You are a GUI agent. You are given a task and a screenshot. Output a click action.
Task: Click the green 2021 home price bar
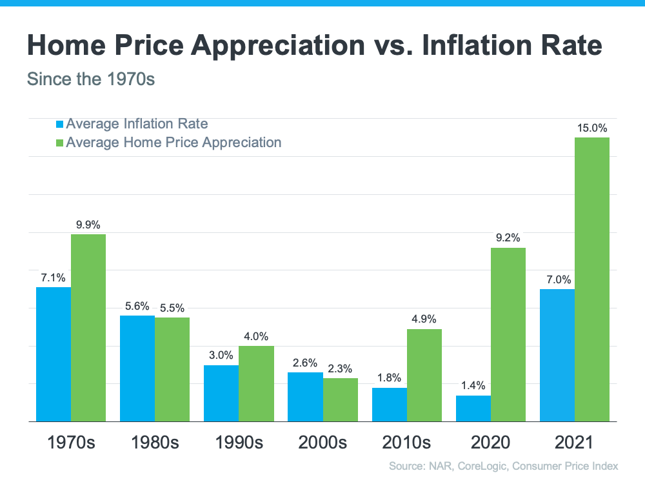pyautogui.click(x=591, y=279)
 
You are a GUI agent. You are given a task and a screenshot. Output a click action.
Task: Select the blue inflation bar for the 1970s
pyautogui.click(x=54, y=354)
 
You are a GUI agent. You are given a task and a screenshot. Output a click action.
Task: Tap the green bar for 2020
pyautogui.click(x=508, y=334)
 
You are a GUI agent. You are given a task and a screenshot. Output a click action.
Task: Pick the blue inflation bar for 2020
pyautogui.click(x=473, y=408)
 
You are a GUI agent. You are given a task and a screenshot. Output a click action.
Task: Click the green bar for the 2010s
pyautogui.click(x=424, y=375)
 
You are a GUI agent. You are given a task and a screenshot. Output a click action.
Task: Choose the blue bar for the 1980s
pyautogui.click(x=137, y=368)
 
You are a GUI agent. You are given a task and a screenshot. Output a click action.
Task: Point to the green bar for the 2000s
pyautogui.click(x=340, y=399)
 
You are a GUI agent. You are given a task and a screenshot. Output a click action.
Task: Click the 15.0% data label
pyautogui.click(x=591, y=128)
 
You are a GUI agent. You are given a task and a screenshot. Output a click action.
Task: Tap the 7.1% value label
pyautogui.click(x=54, y=277)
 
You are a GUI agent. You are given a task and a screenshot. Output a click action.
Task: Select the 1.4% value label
pyautogui.click(x=473, y=386)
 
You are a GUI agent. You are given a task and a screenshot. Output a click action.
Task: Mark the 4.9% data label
pyautogui.click(x=424, y=319)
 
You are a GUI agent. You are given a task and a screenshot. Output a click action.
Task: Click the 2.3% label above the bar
pyautogui.click(x=340, y=368)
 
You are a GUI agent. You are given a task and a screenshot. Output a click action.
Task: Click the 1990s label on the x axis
pyautogui.click(x=239, y=443)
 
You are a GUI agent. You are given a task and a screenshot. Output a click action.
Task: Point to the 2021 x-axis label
pyautogui.click(x=574, y=443)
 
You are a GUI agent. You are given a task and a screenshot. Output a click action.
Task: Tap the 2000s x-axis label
pyautogui.click(x=322, y=443)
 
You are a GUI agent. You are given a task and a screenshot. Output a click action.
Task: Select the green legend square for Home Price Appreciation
pyautogui.click(x=60, y=143)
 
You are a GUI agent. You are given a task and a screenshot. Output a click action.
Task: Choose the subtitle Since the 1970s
pyautogui.click(x=91, y=81)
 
